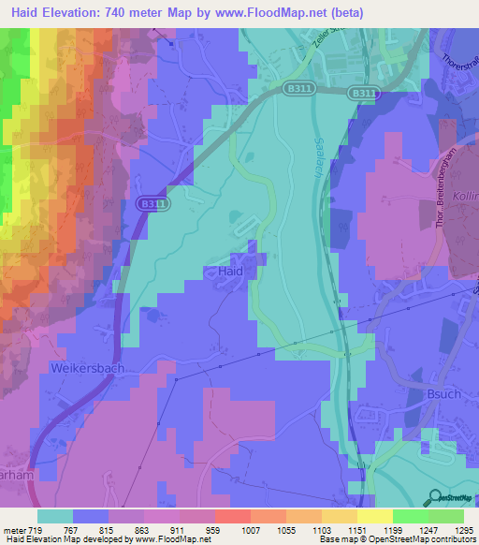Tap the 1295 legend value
pos(462,530)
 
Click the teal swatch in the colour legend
pos(55,516)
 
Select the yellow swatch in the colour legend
pos(375,516)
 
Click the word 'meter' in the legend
pos(14,530)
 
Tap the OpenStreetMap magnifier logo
pos(434,496)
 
